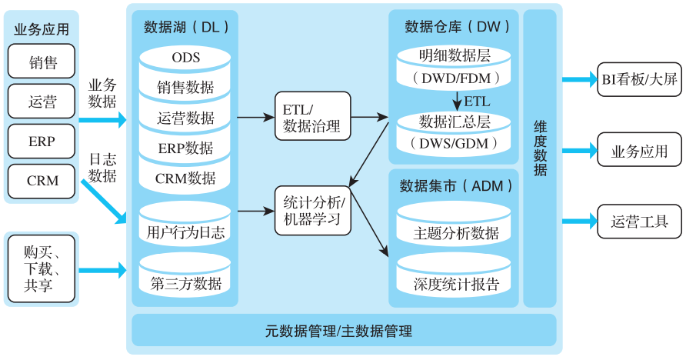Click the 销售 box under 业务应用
42,61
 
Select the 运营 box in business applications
42,101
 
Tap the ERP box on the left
42,142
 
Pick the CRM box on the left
42,182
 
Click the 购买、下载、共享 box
42,268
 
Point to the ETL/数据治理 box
311,116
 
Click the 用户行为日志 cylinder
185,230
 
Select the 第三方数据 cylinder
185,282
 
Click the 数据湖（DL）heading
186,26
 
